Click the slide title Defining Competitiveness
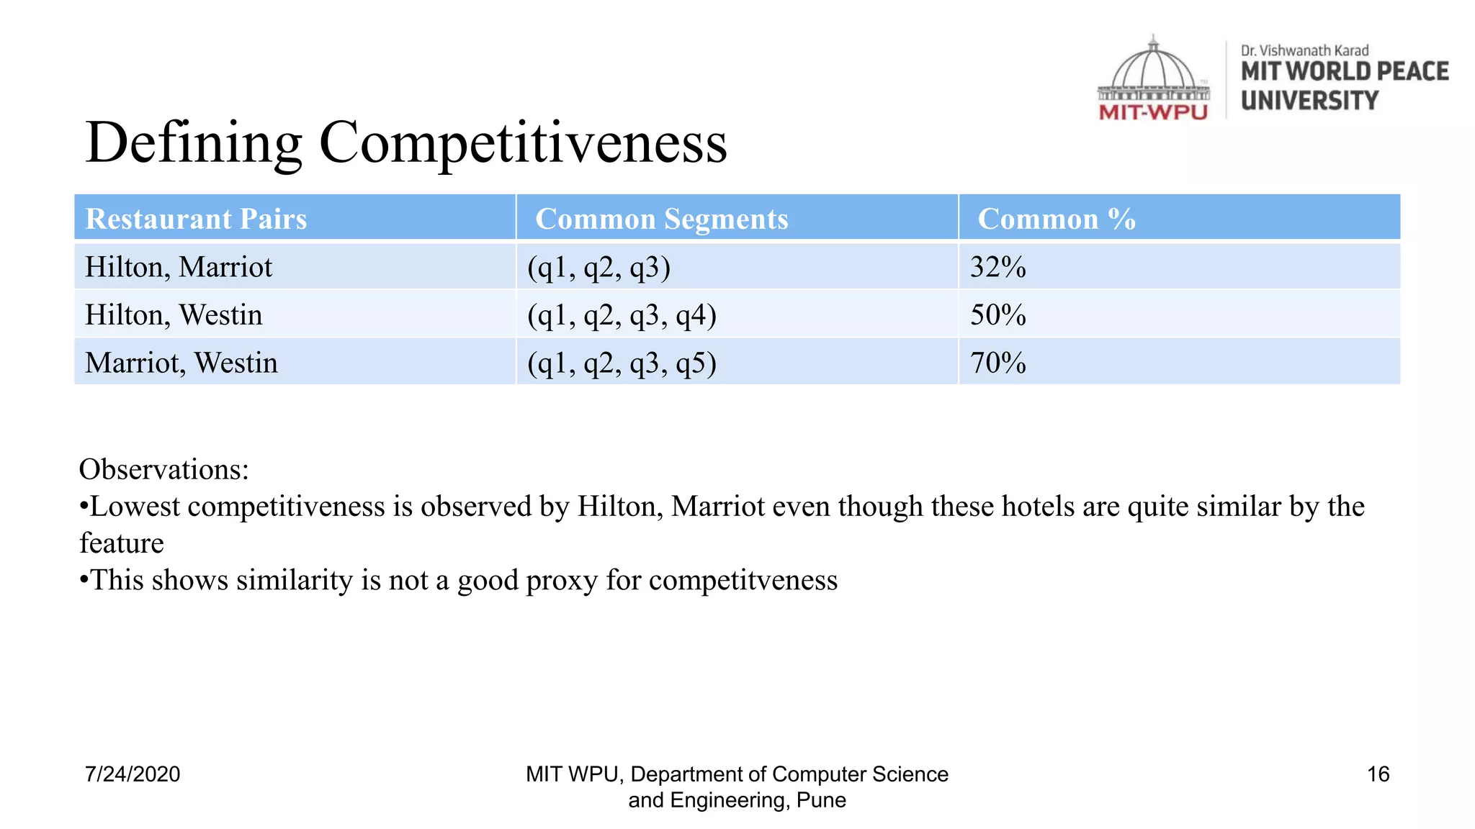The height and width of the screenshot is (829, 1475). [406, 142]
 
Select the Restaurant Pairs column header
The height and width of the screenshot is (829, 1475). [196, 219]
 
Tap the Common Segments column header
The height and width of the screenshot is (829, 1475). [661, 219]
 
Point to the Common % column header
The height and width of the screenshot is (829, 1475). [1056, 219]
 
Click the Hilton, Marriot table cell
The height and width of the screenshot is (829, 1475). [179, 267]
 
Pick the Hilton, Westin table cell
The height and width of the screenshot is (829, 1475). [174, 315]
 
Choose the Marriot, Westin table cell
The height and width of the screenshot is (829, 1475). [181, 363]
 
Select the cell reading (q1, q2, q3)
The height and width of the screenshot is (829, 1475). [598, 267]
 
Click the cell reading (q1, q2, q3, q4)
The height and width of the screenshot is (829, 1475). [622, 315]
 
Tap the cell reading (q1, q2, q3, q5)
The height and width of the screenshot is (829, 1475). [622, 363]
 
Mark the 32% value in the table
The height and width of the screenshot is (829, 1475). [997, 267]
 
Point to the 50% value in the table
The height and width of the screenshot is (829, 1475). [997, 315]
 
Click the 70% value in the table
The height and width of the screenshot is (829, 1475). [997, 363]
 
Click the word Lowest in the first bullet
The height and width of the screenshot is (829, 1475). [135, 507]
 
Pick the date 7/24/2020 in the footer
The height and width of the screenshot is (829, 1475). [133, 774]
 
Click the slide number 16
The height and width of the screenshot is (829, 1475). [1378, 774]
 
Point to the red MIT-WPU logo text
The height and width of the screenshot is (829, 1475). [1153, 112]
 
